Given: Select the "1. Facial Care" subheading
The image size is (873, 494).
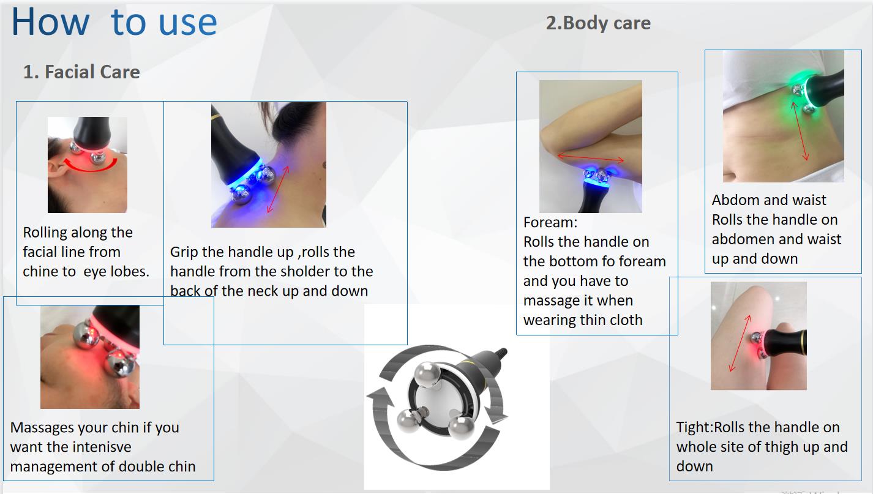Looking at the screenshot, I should point(81,72).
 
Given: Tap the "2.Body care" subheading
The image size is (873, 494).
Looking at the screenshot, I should point(598,23).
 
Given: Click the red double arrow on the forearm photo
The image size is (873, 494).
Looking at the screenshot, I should point(590,159).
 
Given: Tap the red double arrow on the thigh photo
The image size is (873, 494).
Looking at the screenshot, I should point(740,343).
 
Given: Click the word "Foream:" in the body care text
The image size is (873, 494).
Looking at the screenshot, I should point(550,222).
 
